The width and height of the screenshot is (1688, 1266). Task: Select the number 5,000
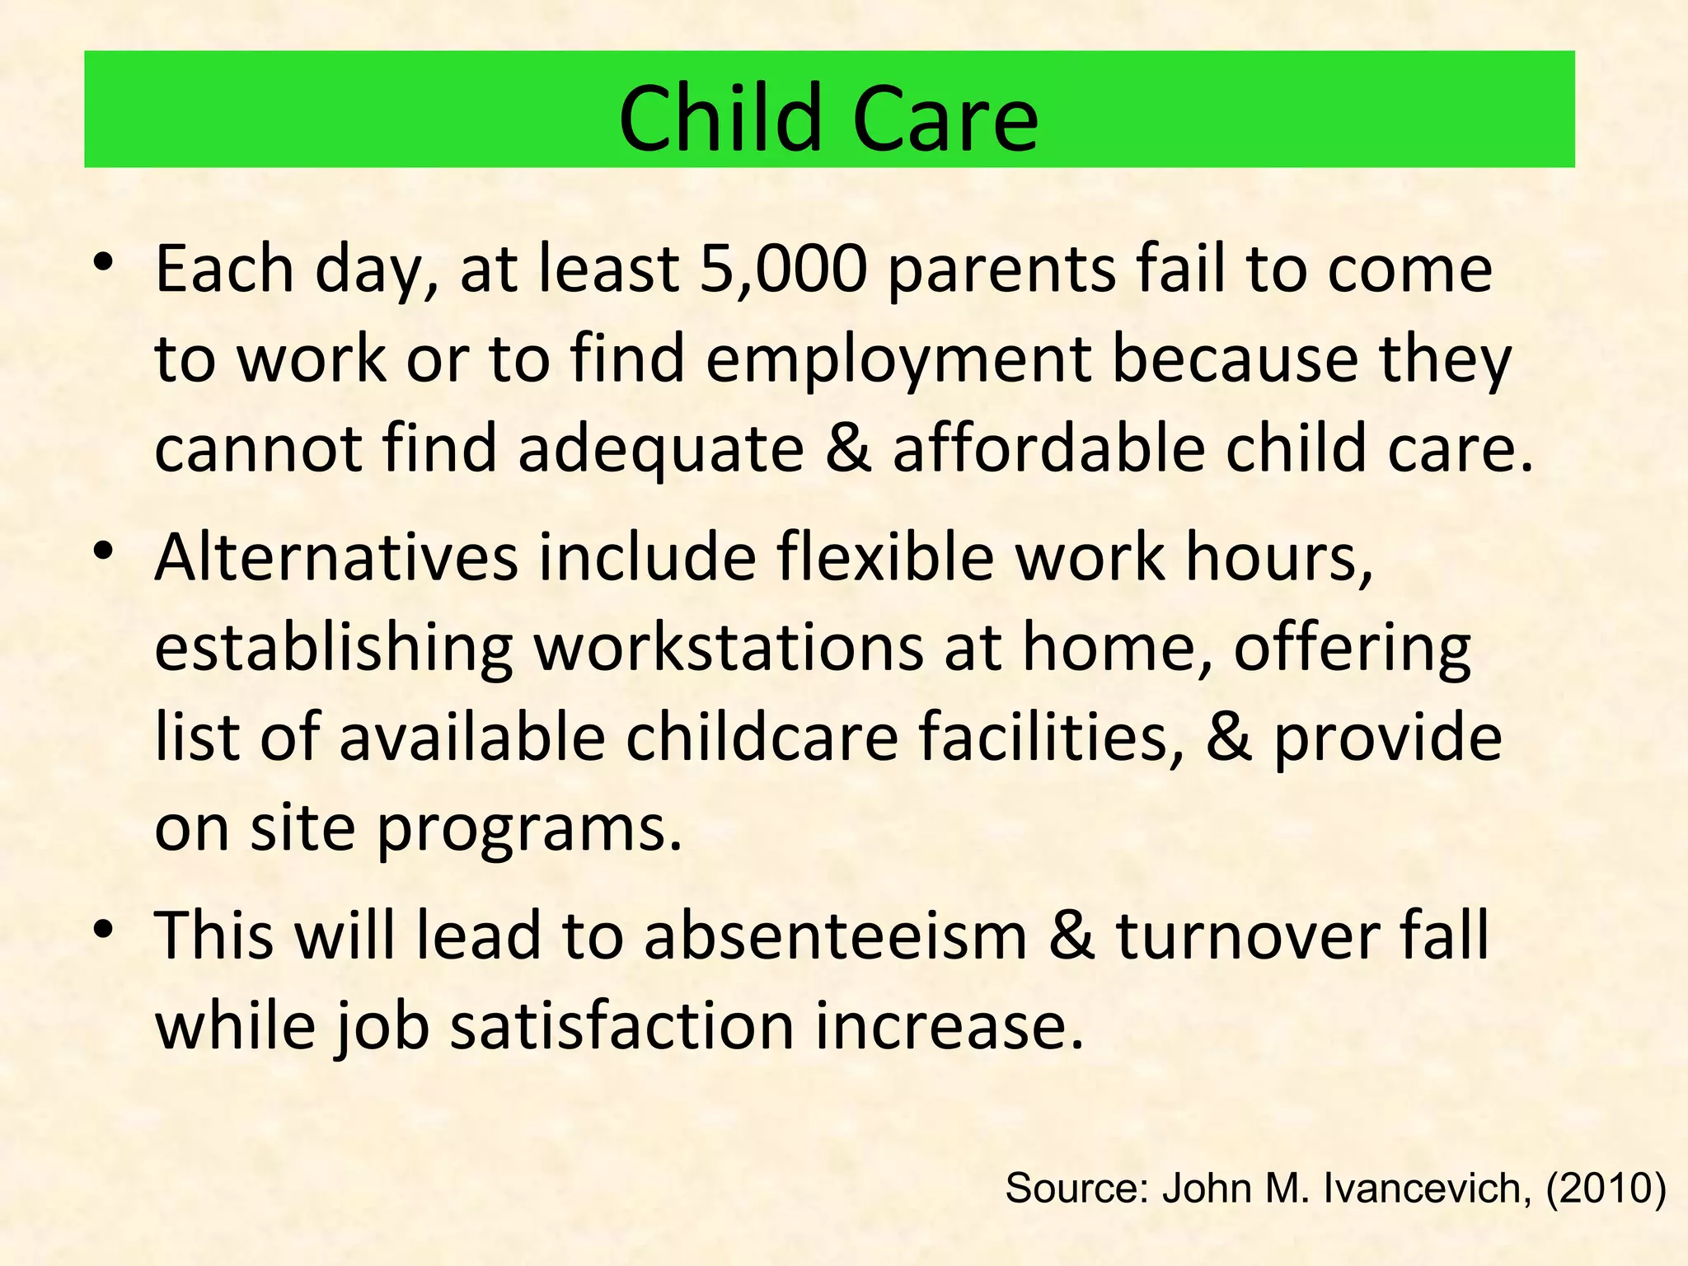click(x=783, y=270)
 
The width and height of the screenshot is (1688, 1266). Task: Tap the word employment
click(x=899, y=360)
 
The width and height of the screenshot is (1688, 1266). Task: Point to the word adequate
click(x=660, y=449)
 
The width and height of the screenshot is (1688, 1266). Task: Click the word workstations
click(x=729, y=648)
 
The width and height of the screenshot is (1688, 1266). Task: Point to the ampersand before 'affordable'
click(x=848, y=449)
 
